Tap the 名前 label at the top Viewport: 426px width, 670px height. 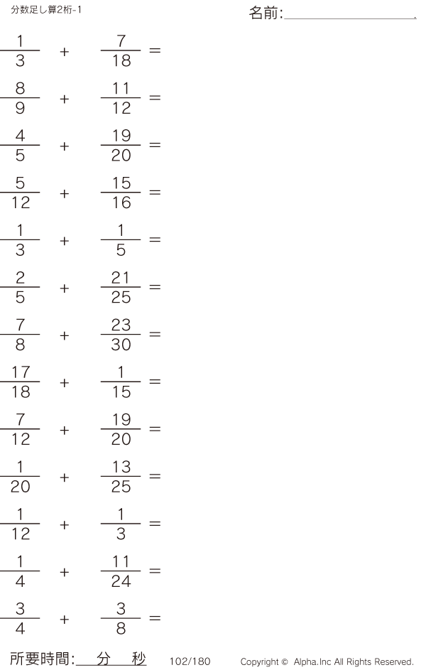(265, 13)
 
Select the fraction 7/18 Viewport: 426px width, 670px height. (121, 51)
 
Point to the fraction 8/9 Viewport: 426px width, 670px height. (20, 99)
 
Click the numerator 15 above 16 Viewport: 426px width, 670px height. (121, 183)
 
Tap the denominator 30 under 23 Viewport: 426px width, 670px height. (121, 344)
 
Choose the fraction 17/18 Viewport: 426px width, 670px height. (20, 382)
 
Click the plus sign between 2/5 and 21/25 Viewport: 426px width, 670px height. (65, 288)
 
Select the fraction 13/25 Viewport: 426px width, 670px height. (121, 477)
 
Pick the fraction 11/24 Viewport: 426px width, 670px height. (121, 571)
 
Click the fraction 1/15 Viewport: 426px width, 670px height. (121, 382)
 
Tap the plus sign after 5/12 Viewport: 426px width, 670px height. (65, 193)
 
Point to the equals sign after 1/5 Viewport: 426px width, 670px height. (155, 240)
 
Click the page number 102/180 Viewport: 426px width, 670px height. (190, 661)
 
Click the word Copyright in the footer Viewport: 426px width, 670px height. (259, 661)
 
